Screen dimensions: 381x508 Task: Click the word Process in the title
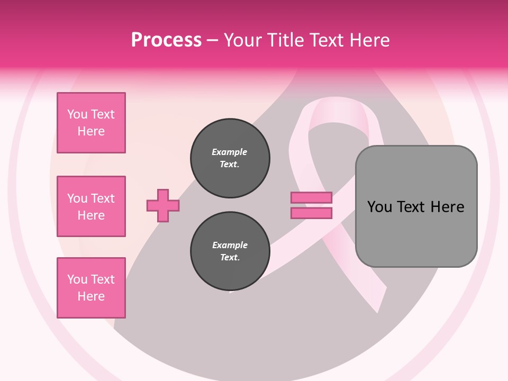[x=166, y=40]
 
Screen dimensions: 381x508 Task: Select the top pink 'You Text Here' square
[x=91, y=123]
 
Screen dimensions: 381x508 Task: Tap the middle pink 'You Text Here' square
[x=91, y=206]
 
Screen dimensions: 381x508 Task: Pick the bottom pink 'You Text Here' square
[x=91, y=288]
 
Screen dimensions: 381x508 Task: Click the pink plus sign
[x=163, y=205]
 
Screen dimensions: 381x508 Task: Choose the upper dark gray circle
[x=230, y=158]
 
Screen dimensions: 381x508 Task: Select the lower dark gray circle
[x=230, y=251]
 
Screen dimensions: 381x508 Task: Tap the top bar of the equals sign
[x=311, y=198]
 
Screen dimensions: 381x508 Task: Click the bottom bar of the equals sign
[x=311, y=213]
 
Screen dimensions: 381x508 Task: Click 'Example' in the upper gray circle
[x=229, y=152]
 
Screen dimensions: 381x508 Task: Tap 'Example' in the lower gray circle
[x=230, y=245]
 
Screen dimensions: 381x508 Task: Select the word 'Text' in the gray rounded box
[x=412, y=207]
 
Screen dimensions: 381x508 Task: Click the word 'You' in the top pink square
[x=77, y=114]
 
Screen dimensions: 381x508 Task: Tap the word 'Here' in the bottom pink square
[x=91, y=296]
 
